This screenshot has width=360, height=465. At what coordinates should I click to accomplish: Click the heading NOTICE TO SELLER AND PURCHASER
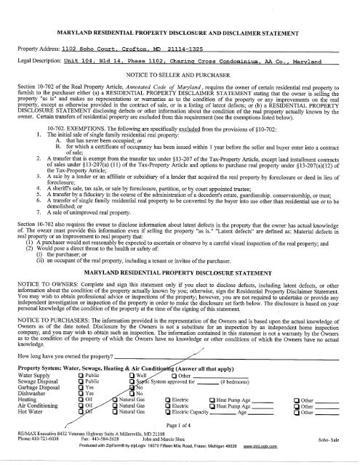179,76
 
